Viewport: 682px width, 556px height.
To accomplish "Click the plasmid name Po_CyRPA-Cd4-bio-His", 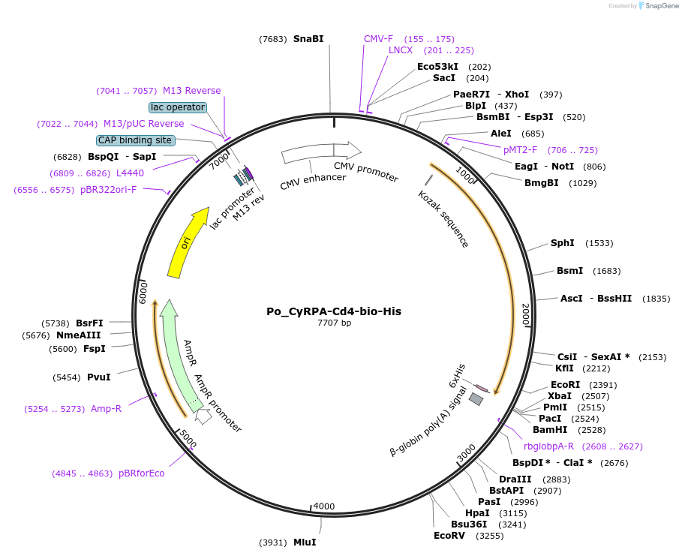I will [x=334, y=311].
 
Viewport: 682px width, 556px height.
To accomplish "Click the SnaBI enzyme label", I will [x=308, y=38].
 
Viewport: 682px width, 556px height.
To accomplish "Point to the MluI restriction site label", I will [x=305, y=542].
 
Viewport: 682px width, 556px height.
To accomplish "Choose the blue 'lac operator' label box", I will [x=178, y=107].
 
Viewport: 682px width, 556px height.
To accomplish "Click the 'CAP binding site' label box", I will [x=136, y=140].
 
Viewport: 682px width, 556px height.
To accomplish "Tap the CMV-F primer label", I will [x=378, y=38].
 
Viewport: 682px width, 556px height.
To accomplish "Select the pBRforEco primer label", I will [x=141, y=473].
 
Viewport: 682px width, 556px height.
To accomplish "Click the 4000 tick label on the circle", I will [x=324, y=506].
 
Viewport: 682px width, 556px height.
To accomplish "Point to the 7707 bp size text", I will [x=334, y=323].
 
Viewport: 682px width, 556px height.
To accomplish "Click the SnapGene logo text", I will [x=659, y=6].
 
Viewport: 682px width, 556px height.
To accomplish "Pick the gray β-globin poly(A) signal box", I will [x=476, y=399].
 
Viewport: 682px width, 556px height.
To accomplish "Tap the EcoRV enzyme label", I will [x=449, y=536].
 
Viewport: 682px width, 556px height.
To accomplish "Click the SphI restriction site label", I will [x=562, y=243].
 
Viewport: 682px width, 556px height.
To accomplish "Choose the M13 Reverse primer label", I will [x=191, y=91].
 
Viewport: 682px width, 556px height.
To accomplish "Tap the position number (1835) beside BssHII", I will [x=656, y=299].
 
